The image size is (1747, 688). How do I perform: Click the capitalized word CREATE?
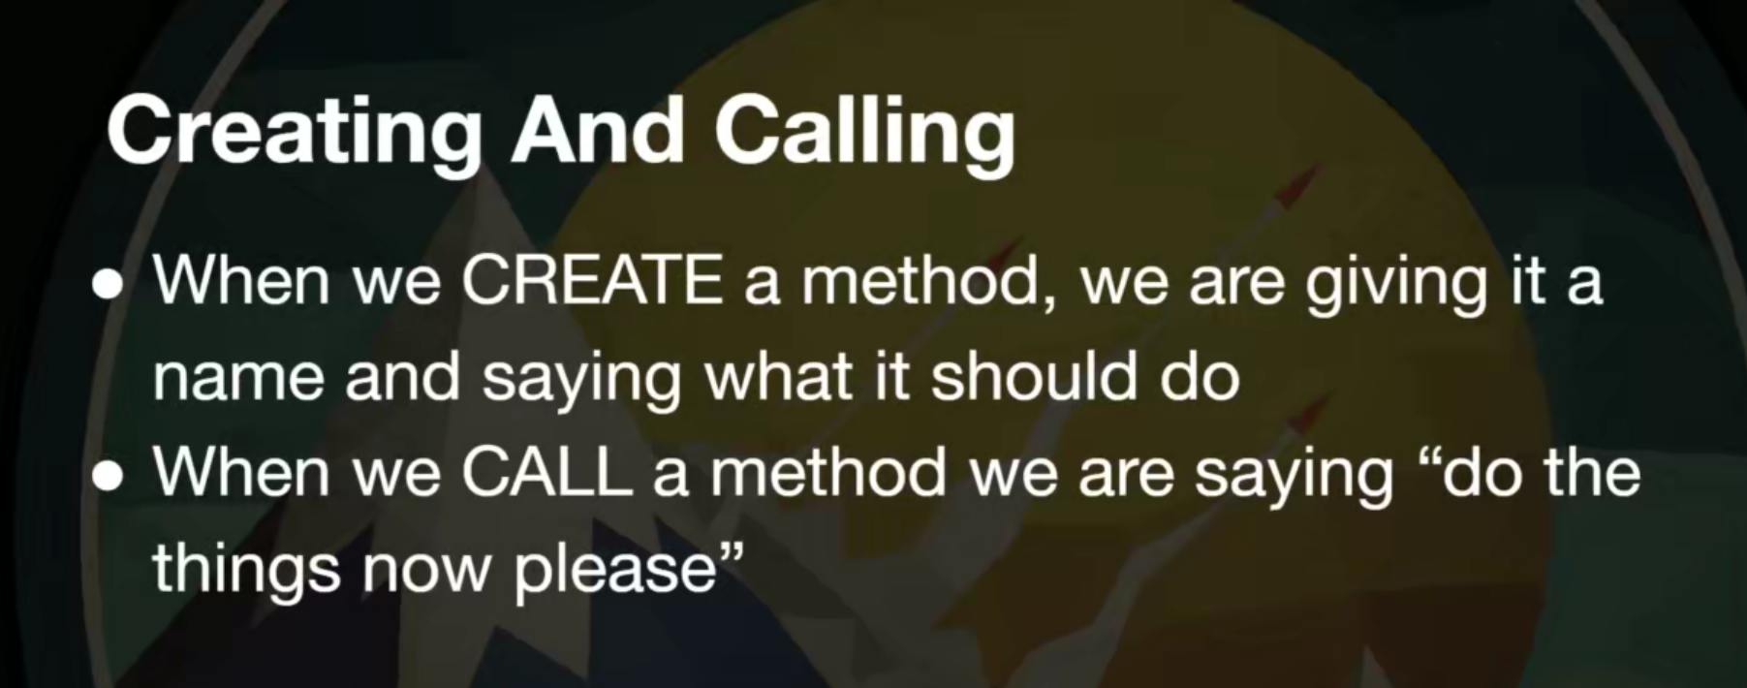pos(591,281)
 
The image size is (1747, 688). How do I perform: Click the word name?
pos(238,380)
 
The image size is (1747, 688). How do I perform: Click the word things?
pos(246,572)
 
